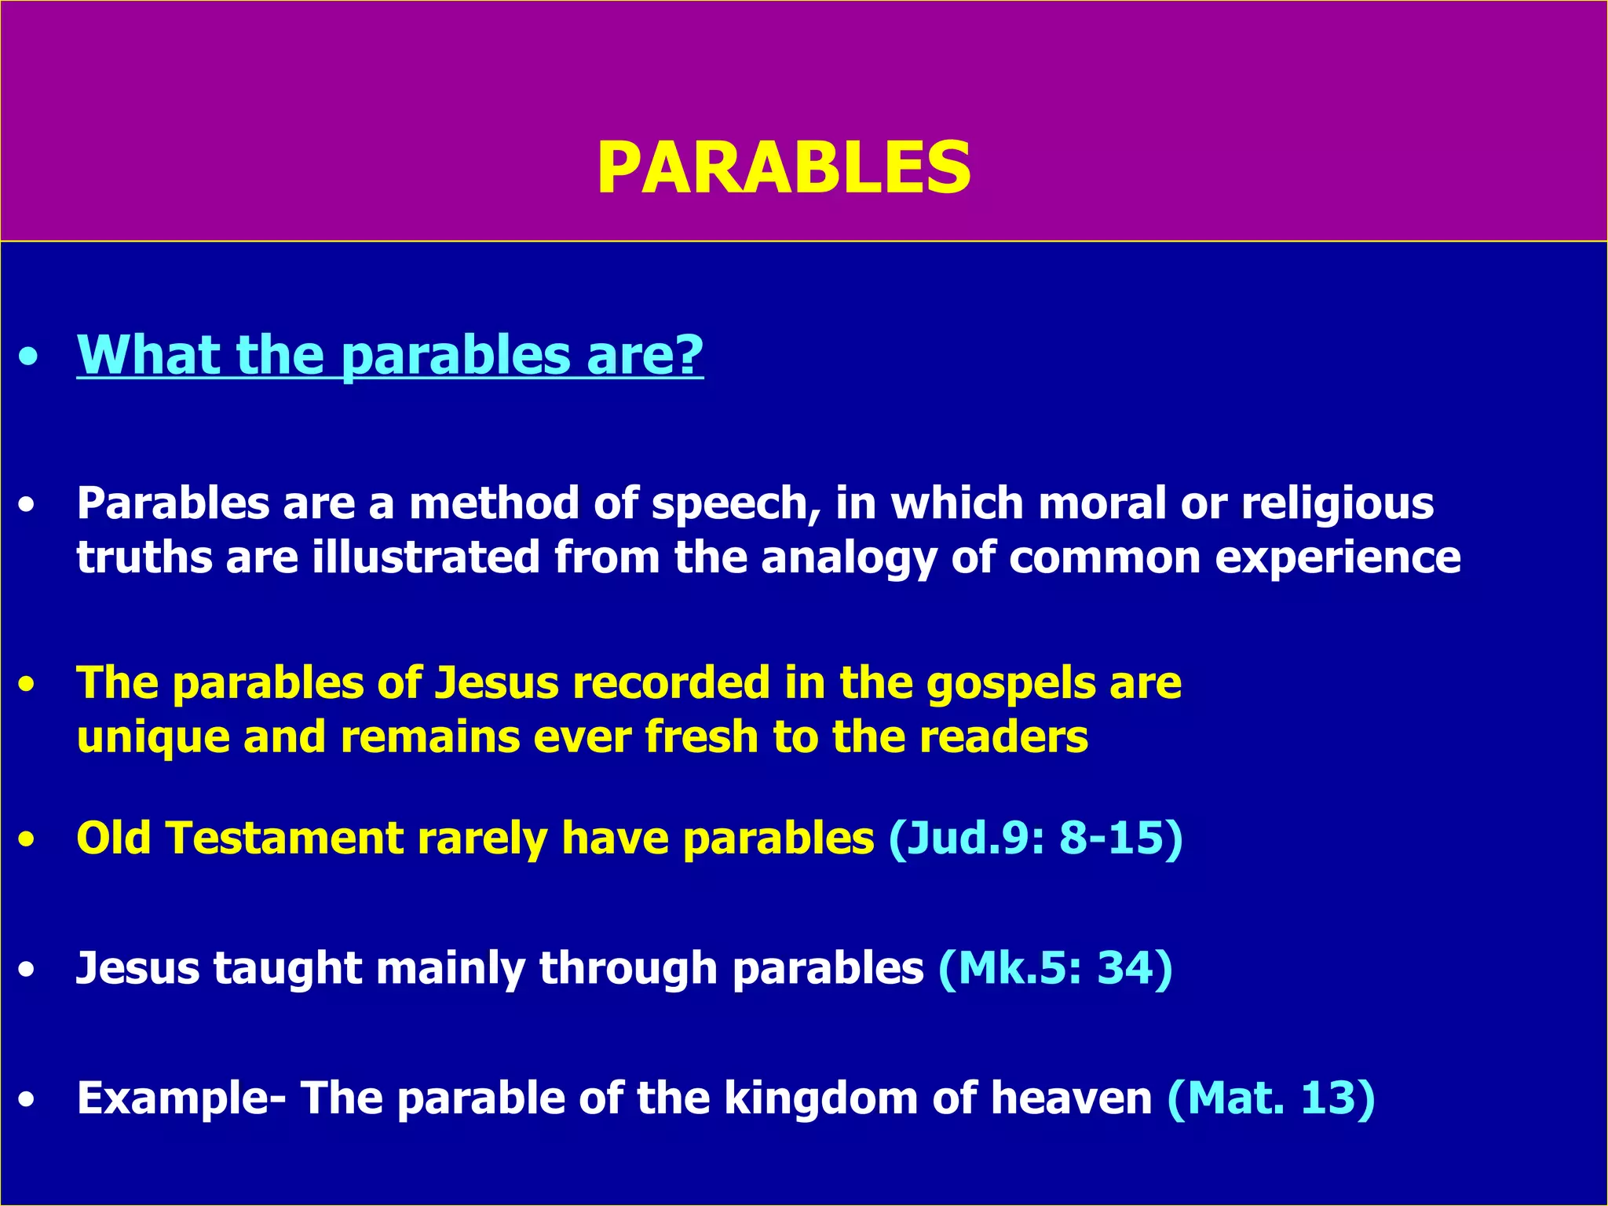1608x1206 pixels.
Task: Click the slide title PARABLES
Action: pos(784,168)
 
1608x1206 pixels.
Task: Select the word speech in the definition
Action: pos(736,503)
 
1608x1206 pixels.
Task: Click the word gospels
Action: pos(1010,684)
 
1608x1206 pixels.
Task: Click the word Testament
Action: pos(285,838)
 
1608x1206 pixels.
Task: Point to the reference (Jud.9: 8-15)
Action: pos(1035,838)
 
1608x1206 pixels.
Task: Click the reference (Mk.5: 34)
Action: pos(1055,968)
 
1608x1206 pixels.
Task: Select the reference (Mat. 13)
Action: pos(1271,1098)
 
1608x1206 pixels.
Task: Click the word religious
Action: pos(1337,503)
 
